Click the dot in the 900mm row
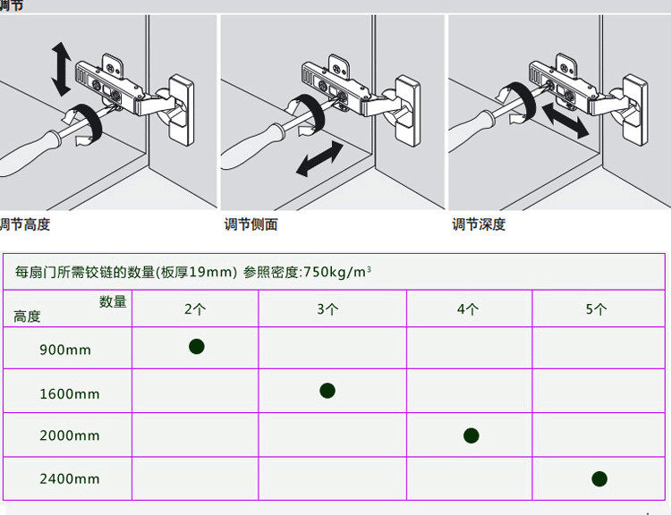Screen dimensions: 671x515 point(197,346)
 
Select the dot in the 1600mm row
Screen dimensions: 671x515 point(327,390)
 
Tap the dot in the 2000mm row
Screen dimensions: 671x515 point(471,435)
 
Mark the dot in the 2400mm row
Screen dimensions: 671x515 point(599,478)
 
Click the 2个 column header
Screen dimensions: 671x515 point(195,309)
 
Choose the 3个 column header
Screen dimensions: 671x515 point(327,309)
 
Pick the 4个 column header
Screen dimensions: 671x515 point(468,309)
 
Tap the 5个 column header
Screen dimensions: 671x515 point(596,309)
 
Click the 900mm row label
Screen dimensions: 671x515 point(65,350)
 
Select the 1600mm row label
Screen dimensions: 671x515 point(70,393)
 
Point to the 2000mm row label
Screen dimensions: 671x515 point(70,436)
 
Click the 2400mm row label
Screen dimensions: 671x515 point(70,479)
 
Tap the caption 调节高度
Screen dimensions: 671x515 point(25,224)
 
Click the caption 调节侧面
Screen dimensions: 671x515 point(251,224)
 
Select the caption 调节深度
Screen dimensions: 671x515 point(479,224)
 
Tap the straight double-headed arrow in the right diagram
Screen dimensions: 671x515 point(564,118)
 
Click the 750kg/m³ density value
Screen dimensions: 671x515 point(337,272)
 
